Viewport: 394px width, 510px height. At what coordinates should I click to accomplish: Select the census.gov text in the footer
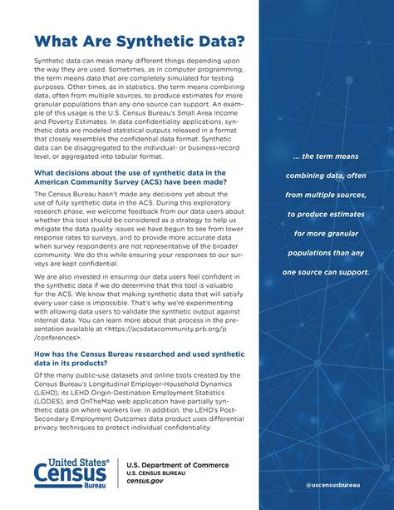[145, 482]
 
